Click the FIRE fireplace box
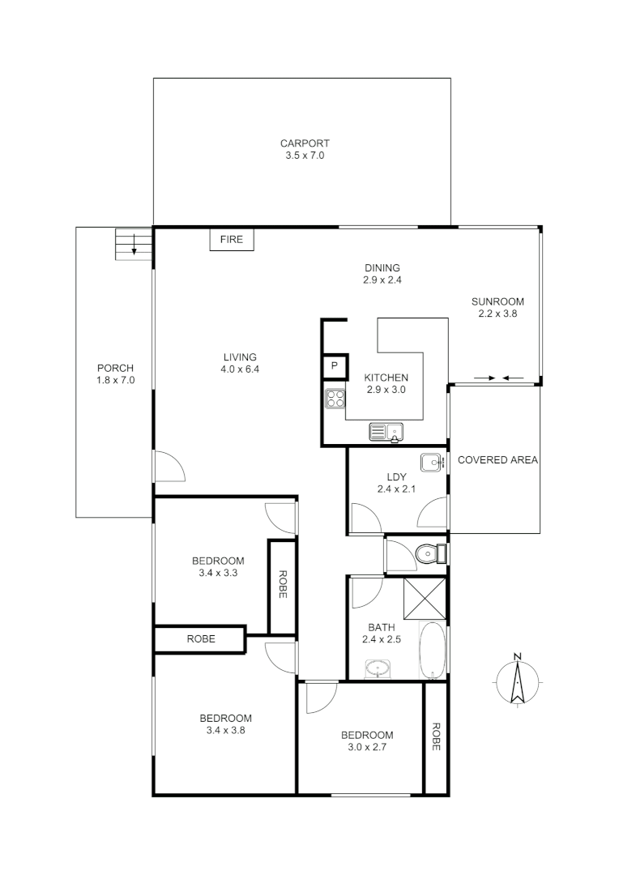coord(232,240)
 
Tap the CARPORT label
coord(305,143)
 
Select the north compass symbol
coord(517,680)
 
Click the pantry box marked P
coord(334,366)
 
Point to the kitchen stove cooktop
coord(335,399)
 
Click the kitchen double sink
coord(386,432)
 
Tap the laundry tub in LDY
coord(431,463)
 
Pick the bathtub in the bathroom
coord(432,651)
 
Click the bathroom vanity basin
coord(377,669)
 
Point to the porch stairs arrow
coord(133,245)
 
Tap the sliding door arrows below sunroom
coord(497,378)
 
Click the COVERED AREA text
coord(497,460)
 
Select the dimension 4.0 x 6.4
coord(240,369)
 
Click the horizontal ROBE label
coord(201,638)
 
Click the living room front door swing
coord(170,466)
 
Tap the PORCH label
coord(114,368)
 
